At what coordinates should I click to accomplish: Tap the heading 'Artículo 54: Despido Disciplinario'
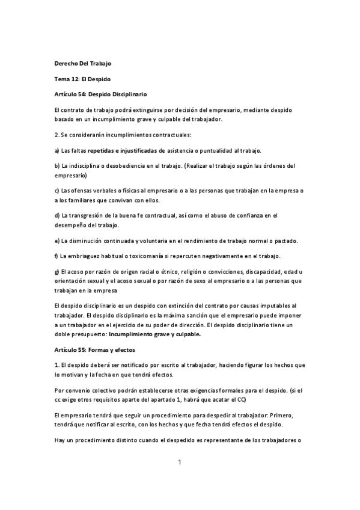tap(100, 94)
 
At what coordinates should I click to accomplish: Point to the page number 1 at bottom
tap(179, 462)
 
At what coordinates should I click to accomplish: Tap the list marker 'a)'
tap(56, 150)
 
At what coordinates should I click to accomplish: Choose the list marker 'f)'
tap(56, 257)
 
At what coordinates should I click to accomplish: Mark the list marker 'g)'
tap(56, 272)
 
